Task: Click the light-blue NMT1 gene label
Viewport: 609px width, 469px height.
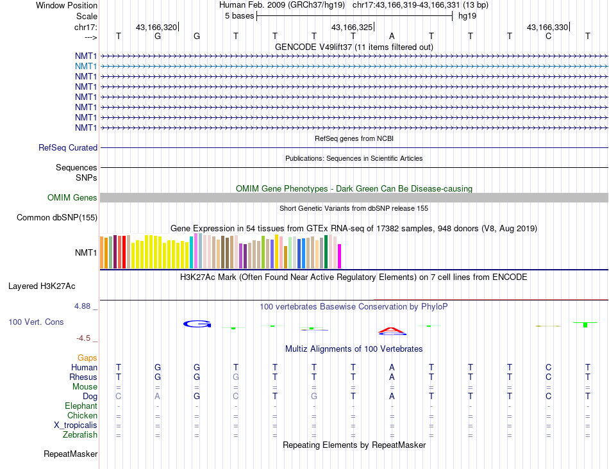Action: pyautogui.click(x=86, y=66)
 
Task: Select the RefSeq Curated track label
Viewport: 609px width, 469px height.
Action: pyautogui.click(x=68, y=147)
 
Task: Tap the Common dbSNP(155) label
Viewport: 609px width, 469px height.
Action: pyautogui.click(x=57, y=217)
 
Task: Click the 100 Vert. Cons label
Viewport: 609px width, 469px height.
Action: pyautogui.click(x=37, y=322)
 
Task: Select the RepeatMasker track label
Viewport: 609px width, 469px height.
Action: pyautogui.click(x=71, y=454)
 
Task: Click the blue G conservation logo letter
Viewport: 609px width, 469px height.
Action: pyautogui.click(x=197, y=324)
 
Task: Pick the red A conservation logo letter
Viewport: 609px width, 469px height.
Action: pyautogui.click(x=392, y=331)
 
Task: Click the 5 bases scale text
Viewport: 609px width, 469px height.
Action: pyautogui.click(x=239, y=15)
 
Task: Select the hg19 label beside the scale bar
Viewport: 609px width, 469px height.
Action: pyautogui.click(x=466, y=15)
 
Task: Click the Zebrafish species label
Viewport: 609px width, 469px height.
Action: pyautogui.click(x=80, y=435)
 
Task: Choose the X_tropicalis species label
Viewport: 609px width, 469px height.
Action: pyautogui.click(x=76, y=425)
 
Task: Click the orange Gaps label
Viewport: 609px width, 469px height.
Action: pyautogui.click(x=87, y=358)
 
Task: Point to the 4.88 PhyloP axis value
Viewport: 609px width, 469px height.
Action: pyautogui.click(x=84, y=306)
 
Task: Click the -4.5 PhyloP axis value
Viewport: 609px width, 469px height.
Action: pyautogui.click(x=85, y=338)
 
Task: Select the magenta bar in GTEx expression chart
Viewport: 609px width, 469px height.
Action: pyautogui.click(x=339, y=256)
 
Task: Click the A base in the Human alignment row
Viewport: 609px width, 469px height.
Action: pyautogui.click(x=392, y=367)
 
